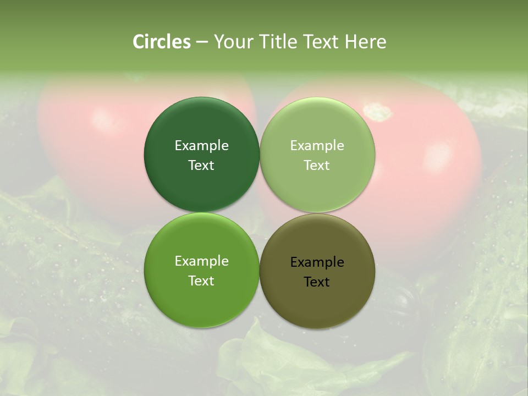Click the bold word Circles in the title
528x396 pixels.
(x=162, y=42)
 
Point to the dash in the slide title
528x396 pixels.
(x=202, y=42)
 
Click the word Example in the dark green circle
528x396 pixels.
(x=201, y=146)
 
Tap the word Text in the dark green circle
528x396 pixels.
(x=201, y=166)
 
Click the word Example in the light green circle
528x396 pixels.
(x=317, y=146)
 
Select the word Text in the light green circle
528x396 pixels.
(x=317, y=166)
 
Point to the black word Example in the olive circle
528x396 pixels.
(x=317, y=262)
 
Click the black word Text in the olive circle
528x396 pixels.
(x=317, y=282)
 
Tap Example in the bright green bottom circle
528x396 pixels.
(x=201, y=261)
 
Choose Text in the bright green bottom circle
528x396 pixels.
(x=201, y=281)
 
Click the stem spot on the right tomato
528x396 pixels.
(x=378, y=112)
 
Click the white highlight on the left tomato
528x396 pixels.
(x=102, y=118)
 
